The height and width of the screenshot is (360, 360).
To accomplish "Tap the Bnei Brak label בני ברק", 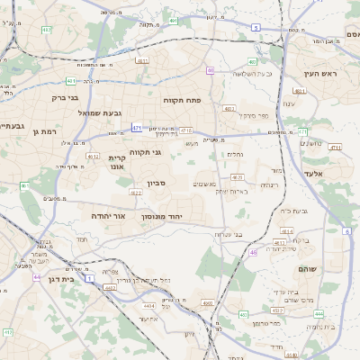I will pos(65,96).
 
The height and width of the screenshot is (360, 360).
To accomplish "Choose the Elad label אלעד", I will pos(337,173).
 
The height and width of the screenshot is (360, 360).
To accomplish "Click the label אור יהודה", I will pos(109,216).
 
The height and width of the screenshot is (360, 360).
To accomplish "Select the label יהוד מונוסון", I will pos(162,216).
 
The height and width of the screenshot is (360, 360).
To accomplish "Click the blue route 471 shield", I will pos(137,128).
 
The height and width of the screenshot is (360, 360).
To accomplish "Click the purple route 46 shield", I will pos(253,253).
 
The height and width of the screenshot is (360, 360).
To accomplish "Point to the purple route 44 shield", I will pos(37,277).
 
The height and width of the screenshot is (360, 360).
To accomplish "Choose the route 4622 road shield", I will pos(135,192).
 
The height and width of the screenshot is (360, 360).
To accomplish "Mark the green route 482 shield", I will pos(252,62).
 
